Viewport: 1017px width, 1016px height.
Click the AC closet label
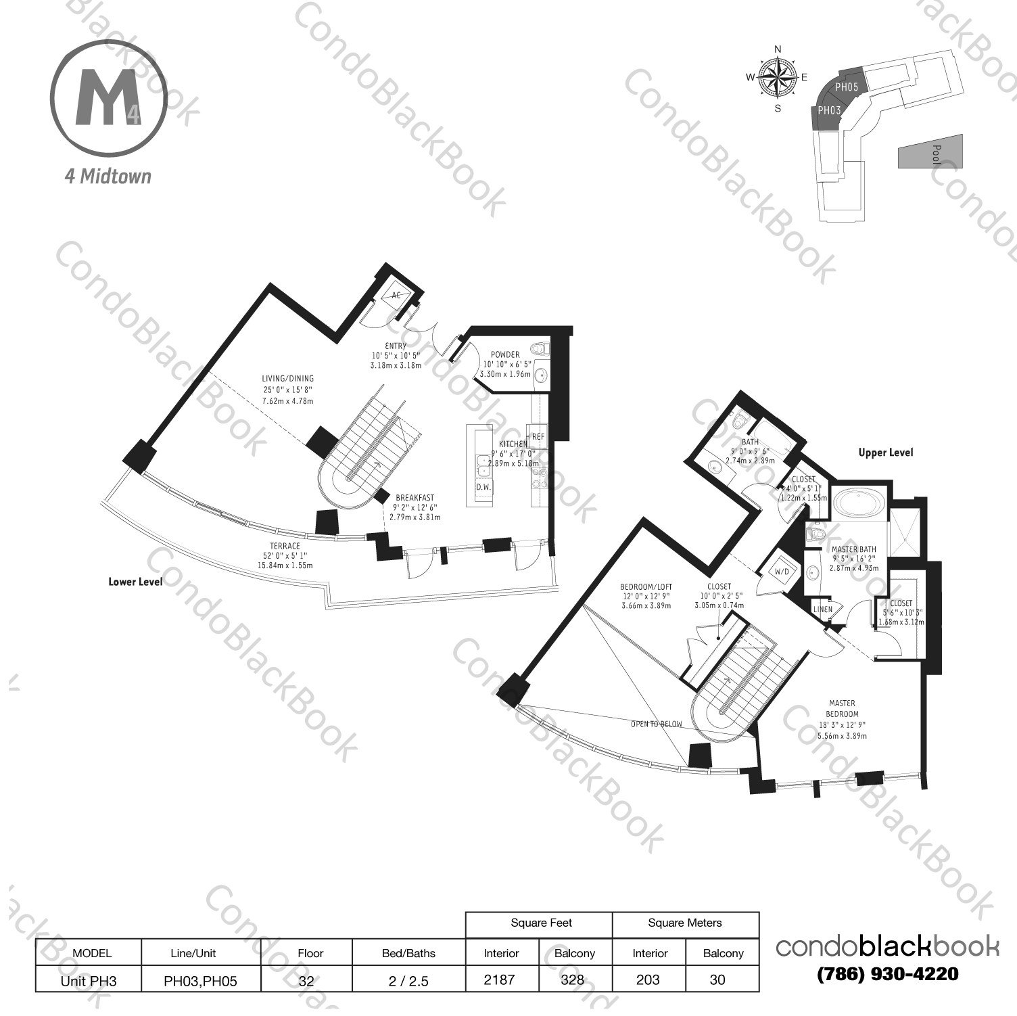(x=396, y=296)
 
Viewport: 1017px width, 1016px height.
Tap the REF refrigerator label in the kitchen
(x=538, y=437)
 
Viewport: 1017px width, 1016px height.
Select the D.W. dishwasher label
(x=483, y=487)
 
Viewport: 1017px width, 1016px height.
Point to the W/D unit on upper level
(x=782, y=572)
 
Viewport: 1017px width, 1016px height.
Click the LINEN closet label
(x=823, y=609)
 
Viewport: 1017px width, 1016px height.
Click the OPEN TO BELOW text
(x=656, y=724)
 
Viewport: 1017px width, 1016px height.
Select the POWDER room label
(x=505, y=354)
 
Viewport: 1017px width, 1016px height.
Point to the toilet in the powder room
(x=538, y=350)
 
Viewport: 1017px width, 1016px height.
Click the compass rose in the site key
(x=778, y=77)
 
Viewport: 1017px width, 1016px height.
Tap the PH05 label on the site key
(x=847, y=87)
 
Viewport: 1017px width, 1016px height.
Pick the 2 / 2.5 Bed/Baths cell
(x=408, y=980)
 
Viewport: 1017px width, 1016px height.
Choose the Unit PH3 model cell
(x=89, y=980)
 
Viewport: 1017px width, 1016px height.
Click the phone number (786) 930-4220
(x=887, y=974)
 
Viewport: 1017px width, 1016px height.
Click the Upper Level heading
(x=885, y=453)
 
